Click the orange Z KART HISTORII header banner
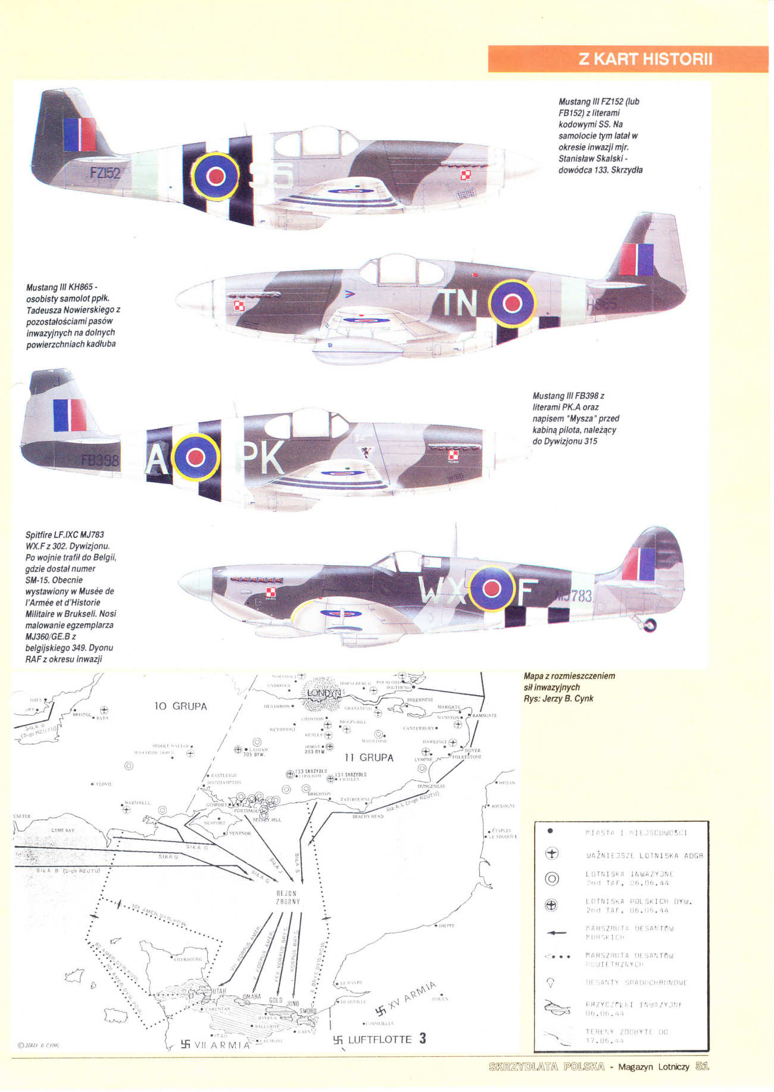628,59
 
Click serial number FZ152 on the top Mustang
105,173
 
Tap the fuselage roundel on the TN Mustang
512,303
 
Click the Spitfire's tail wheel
651,624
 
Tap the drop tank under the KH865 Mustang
358,351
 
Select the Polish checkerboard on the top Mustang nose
466,175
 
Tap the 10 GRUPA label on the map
180,706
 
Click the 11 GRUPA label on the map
369,758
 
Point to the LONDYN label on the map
323,693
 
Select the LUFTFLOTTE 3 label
380,1040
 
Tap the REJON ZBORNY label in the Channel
286,897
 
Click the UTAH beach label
219,991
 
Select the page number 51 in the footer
702,1066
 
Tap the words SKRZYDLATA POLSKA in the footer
546,1066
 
